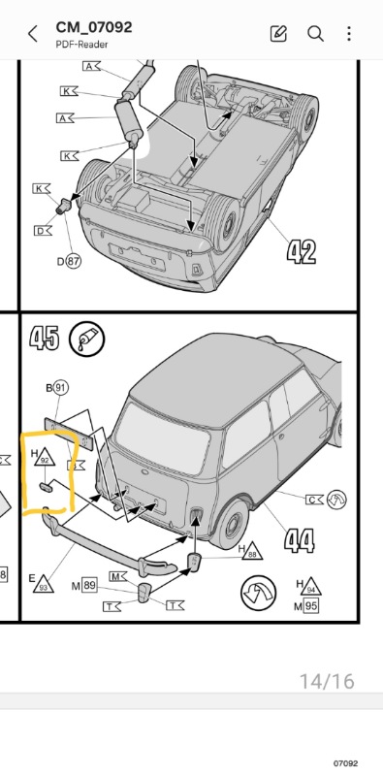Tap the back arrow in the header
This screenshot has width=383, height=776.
coord(33,34)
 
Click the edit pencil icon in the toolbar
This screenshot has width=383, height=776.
coord(279,34)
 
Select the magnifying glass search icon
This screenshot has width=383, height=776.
coord(315,34)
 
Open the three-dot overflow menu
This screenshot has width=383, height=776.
coord(349,34)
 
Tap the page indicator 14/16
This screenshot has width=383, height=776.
coord(326,681)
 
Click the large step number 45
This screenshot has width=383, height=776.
coord(44,339)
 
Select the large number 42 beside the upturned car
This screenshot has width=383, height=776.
coord(302,252)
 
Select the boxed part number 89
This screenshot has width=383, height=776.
coord(89,585)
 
